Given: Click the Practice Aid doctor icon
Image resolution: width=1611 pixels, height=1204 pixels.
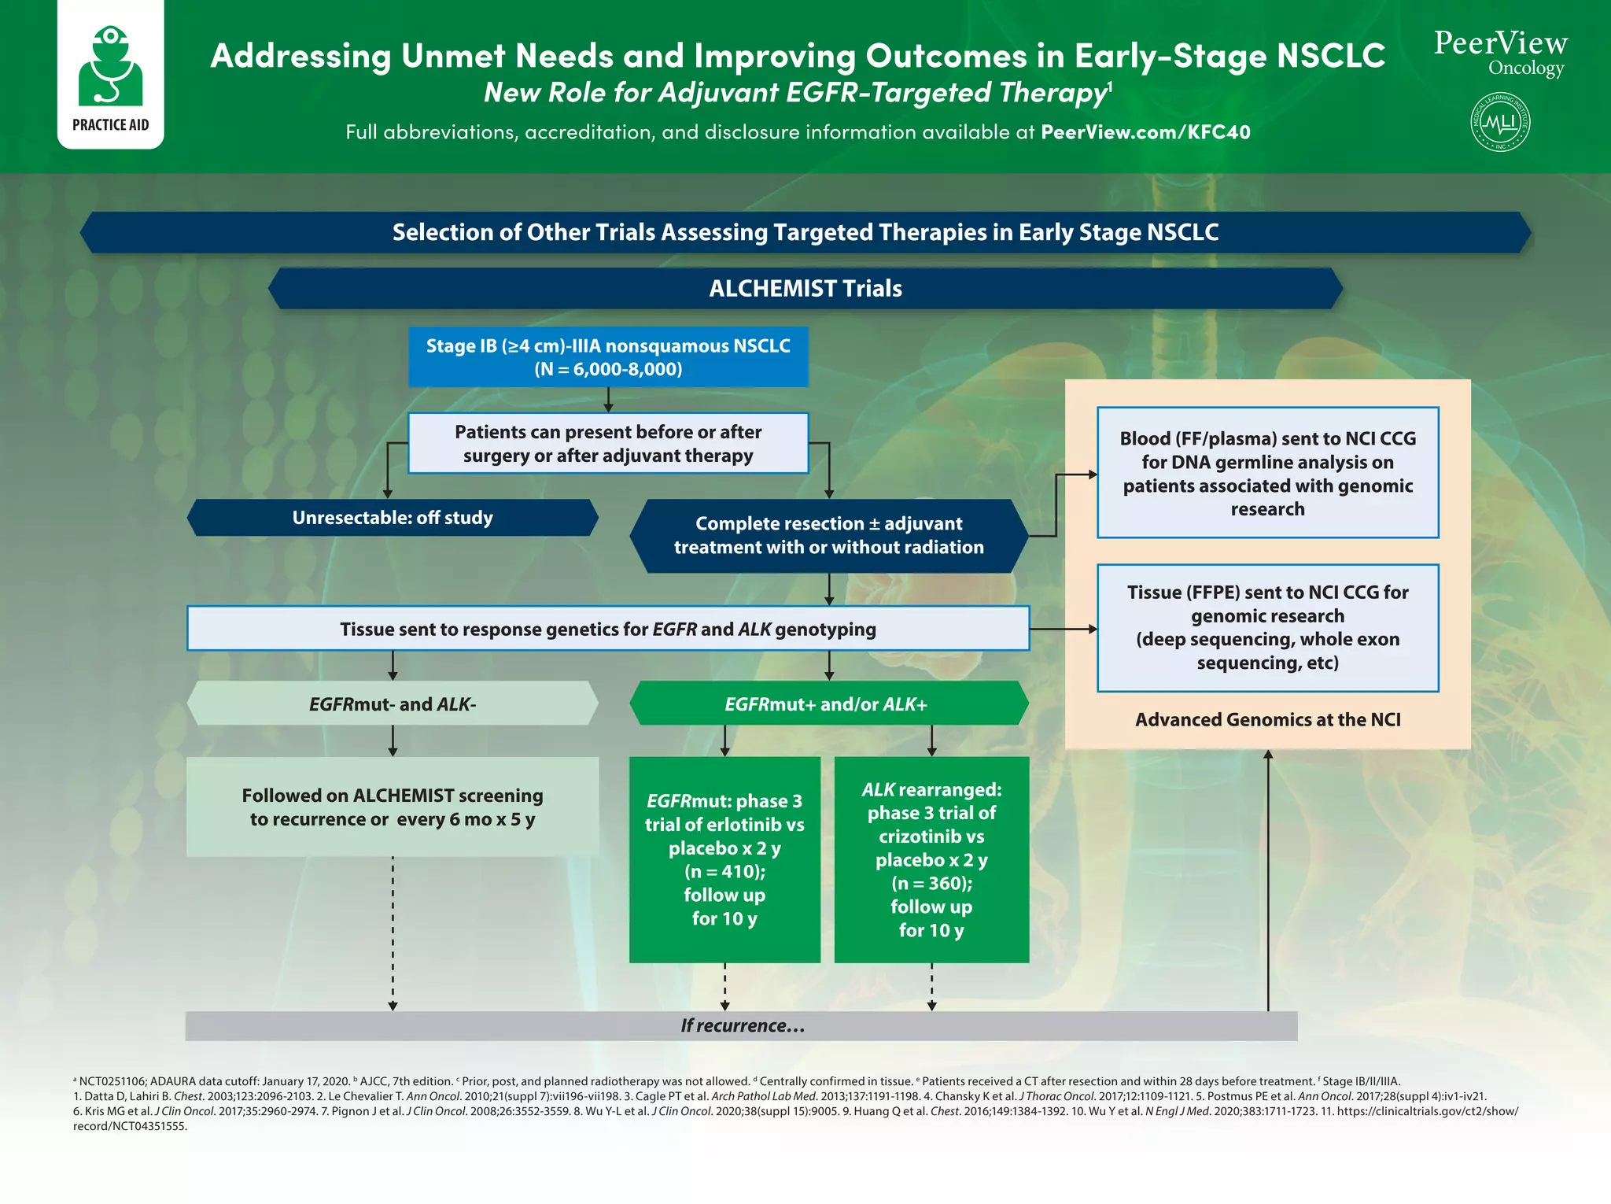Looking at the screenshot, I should pos(110,67).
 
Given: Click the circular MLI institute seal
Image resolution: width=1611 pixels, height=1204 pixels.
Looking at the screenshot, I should pos(1500,122).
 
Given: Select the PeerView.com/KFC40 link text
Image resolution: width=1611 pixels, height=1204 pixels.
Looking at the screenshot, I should pos(1145,132).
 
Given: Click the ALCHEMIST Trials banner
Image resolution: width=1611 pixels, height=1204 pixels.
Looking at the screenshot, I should pos(805,289).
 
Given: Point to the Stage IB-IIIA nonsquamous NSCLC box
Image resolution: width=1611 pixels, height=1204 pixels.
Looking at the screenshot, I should pos(608,357).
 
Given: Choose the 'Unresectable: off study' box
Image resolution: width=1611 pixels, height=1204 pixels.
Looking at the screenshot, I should pos(393,518).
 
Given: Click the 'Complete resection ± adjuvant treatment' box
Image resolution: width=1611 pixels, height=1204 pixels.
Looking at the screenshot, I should pos(828,535).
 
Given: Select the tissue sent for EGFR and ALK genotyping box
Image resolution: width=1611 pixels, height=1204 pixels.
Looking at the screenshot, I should pos(608,629).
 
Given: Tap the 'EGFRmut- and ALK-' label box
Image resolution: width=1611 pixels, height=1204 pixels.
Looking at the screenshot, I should pos(393,704).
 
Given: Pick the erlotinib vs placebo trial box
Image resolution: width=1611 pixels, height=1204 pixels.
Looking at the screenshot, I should pos(724,859).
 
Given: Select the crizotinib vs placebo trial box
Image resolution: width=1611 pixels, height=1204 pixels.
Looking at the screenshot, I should pos(931,859).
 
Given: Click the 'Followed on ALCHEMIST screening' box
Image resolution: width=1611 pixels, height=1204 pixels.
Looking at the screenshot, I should pos(393,807).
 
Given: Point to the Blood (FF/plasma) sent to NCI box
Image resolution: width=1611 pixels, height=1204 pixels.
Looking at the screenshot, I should pos(1267,473).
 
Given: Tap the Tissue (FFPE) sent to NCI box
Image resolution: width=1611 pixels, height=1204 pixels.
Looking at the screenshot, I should pos(1267,627).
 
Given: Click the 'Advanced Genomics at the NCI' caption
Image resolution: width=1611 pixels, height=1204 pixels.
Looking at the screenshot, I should pos(1267,719).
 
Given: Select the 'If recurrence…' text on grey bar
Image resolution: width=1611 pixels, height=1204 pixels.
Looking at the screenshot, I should pos(743,1025).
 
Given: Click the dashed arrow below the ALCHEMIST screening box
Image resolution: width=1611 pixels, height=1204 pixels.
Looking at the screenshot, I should pos(393,933).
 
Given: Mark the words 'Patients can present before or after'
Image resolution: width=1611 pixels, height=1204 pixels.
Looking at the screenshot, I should pos(608,432).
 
